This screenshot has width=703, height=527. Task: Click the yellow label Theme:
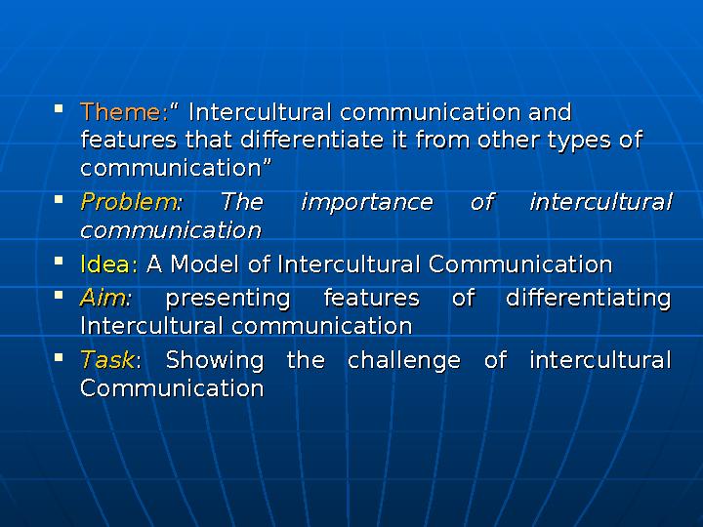pos(123,111)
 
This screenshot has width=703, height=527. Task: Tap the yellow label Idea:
pos(109,264)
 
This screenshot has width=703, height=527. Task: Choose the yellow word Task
pos(106,361)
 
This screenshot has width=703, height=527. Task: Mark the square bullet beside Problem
pos(62,199)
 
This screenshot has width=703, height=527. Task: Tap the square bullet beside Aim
pos(62,294)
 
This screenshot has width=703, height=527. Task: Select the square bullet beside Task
pos(62,357)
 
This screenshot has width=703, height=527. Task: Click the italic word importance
pos(366,203)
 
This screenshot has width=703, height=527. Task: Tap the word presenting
pos(228,298)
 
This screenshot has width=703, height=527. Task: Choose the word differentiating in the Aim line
pos(588,298)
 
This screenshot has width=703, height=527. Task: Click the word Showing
pos(215,361)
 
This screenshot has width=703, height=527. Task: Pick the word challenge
pos(404,361)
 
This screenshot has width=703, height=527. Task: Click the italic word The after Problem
pos(242,203)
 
